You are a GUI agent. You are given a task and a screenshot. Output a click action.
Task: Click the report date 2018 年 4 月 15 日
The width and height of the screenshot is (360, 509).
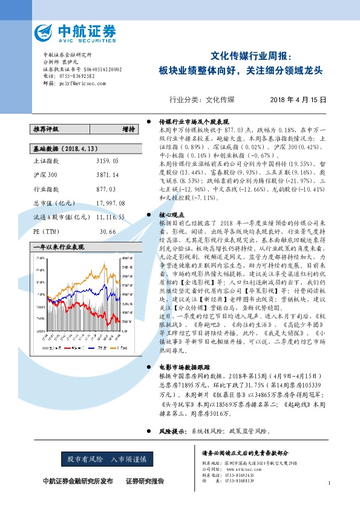pyautogui.click(x=298, y=100)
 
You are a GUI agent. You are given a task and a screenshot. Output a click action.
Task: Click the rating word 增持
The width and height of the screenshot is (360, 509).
pyautogui.click(x=128, y=129)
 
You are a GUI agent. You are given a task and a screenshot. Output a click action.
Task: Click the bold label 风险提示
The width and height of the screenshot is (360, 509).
pyautogui.click(x=171, y=431)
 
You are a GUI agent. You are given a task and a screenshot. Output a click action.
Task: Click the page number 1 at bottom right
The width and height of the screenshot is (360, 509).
pyautogui.click(x=329, y=483)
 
